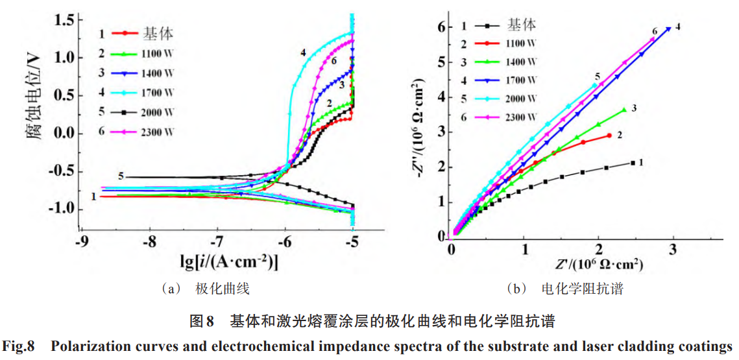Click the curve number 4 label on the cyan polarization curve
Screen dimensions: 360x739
tap(303, 51)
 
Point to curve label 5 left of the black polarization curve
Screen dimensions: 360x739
tap(121, 176)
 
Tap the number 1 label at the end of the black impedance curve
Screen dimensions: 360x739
tap(640, 162)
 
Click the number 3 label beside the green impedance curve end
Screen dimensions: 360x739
tap(633, 108)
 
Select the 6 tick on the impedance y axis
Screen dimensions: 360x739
tap(441, 27)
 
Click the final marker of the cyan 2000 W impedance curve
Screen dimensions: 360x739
tap(595, 85)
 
